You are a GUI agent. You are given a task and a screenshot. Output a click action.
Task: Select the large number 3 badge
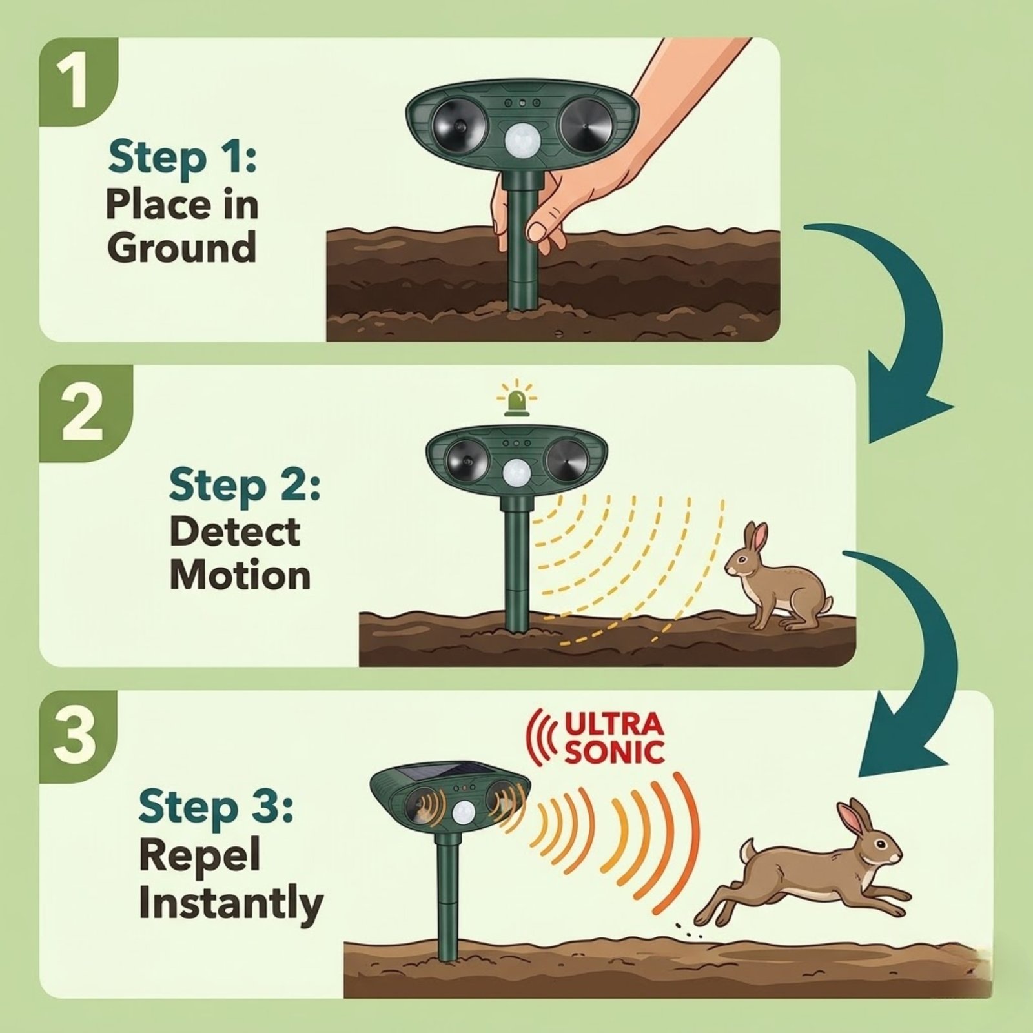click(77, 736)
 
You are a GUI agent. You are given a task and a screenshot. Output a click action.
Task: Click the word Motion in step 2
click(240, 575)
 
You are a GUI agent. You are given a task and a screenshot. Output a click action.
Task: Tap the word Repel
click(199, 855)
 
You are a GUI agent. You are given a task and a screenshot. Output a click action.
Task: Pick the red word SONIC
click(613, 752)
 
